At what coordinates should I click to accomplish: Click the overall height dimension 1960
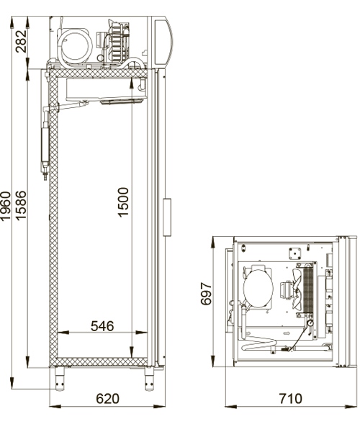(x=6, y=207)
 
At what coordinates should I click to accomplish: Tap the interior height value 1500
(x=123, y=202)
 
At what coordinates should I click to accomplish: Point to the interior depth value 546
(x=102, y=326)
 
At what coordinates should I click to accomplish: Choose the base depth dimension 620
(x=107, y=398)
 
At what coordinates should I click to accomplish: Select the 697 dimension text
(x=206, y=294)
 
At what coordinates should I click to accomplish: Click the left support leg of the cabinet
(x=60, y=377)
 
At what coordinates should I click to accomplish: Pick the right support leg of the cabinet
(x=149, y=377)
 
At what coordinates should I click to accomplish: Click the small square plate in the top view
(x=294, y=253)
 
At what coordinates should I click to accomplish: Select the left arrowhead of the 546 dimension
(x=60, y=333)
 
